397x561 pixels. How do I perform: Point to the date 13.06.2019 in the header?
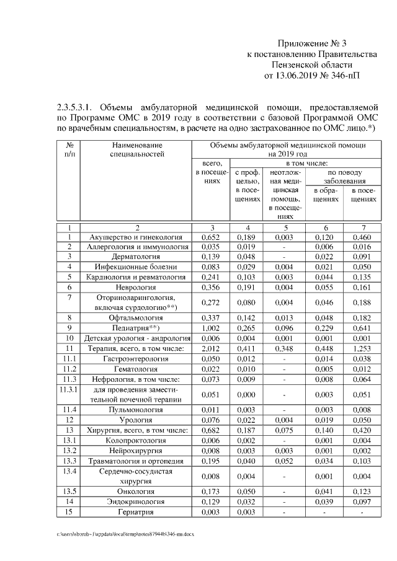pos(295,75)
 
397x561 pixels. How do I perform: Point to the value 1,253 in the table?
pos(361,348)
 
